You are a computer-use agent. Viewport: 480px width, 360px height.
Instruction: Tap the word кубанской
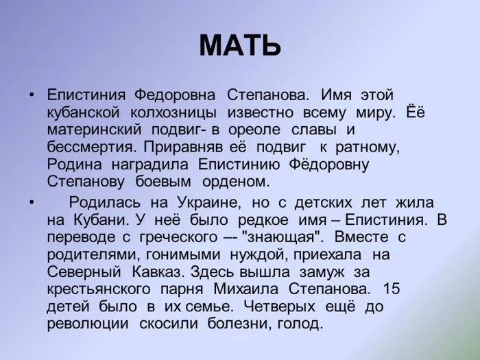[x=84, y=110]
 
